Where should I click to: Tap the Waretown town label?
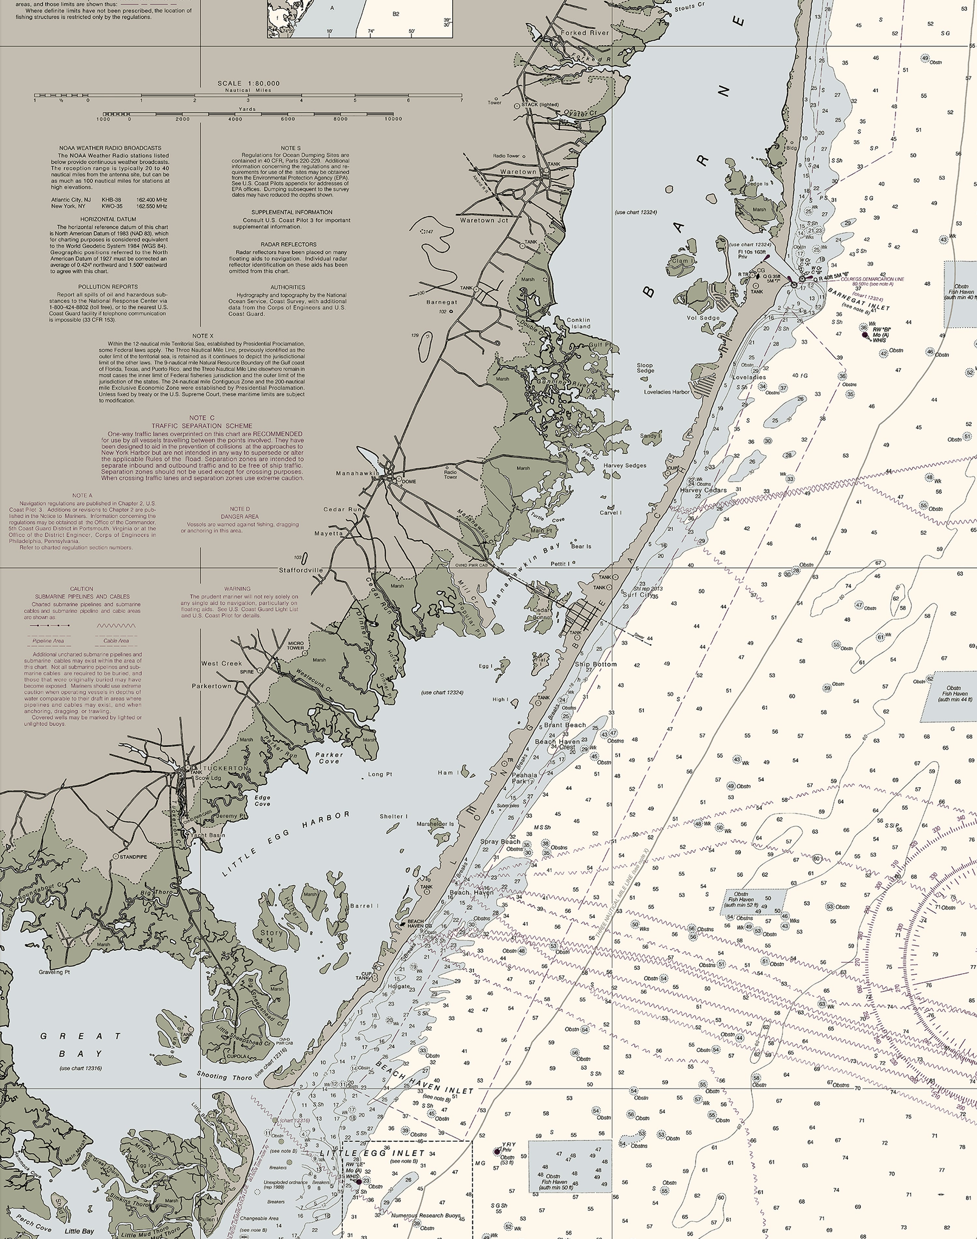pos(518,172)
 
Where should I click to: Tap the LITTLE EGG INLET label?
pos(372,1153)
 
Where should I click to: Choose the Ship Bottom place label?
pos(595,664)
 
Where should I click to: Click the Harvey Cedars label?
pos(703,490)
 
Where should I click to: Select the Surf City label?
pos(637,595)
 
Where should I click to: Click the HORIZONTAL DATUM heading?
pos(108,219)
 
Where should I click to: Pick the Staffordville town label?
pos(301,570)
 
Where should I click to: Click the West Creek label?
pos(221,664)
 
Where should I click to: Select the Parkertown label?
pos(212,686)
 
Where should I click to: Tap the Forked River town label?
pos(585,33)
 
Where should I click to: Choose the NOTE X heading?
pos(203,336)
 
